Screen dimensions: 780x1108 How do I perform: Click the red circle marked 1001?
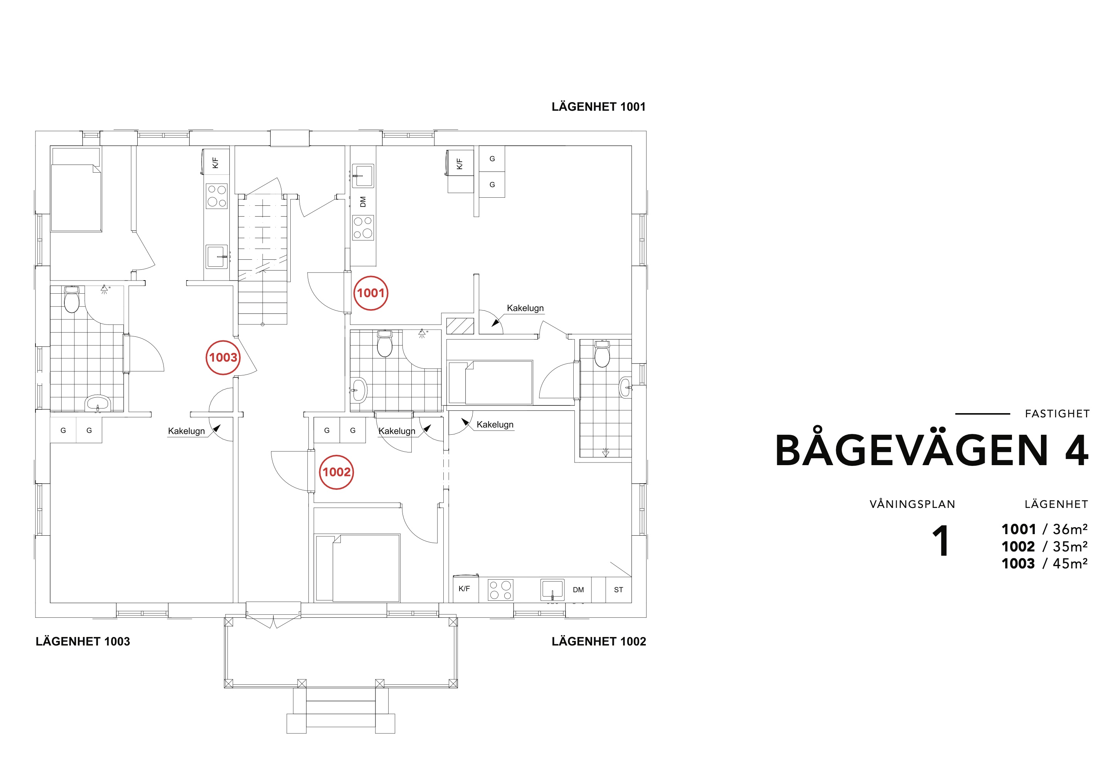(370, 293)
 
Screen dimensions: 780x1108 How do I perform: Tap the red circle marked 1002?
(336, 472)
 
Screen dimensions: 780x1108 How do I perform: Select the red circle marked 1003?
(223, 358)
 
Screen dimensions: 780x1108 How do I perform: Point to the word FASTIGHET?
(1057, 414)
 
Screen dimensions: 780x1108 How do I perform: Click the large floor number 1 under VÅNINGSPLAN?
(941, 541)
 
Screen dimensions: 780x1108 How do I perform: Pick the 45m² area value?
(1070, 563)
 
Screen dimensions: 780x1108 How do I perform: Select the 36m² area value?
(1070, 529)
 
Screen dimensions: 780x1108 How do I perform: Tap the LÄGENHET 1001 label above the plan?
(598, 107)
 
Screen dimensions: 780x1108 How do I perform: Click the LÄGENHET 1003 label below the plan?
(83, 642)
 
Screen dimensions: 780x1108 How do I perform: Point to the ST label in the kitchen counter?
(618, 590)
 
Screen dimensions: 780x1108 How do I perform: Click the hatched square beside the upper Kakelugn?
(460, 326)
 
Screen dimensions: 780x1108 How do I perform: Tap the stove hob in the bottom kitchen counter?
(500, 590)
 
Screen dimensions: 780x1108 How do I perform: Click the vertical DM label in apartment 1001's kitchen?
(363, 202)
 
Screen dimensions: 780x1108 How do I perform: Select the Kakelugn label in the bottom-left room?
(186, 431)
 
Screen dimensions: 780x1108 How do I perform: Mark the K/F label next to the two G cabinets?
(460, 164)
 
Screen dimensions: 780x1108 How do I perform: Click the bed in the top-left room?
(76, 198)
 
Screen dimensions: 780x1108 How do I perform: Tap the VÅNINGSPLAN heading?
(912, 504)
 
